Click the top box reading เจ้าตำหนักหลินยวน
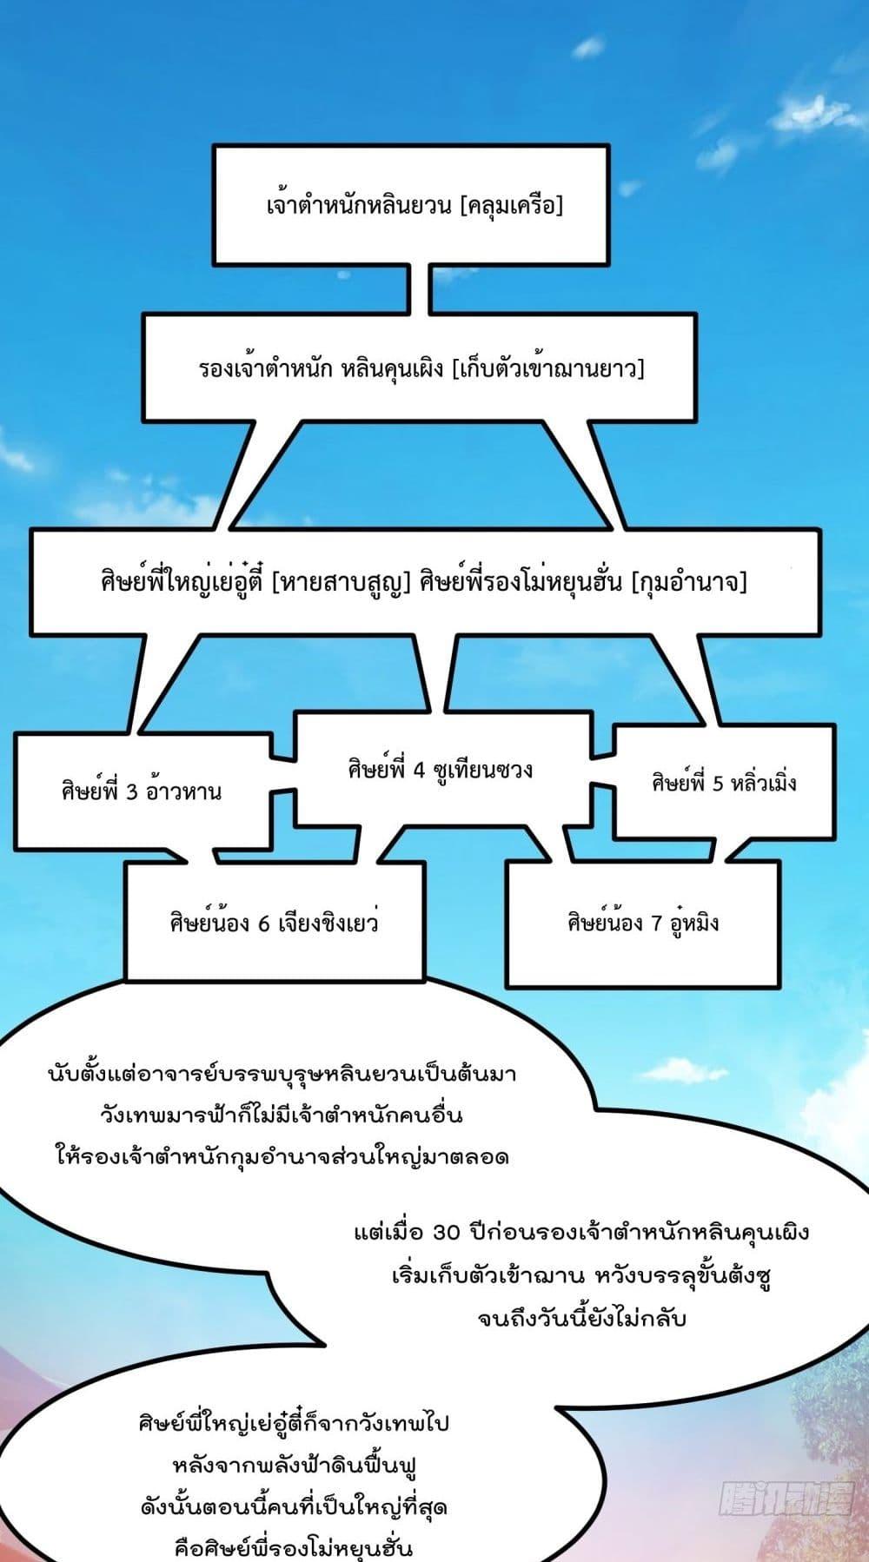point(411,205)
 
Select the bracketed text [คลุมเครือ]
point(514,207)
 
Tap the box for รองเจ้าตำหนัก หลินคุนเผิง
point(420,368)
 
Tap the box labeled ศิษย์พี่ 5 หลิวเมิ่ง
point(724,783)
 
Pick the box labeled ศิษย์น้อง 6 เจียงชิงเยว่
point(274,922)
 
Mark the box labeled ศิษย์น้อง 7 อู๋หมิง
point(642,923)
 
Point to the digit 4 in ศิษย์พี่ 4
point(419,771)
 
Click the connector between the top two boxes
point(419,289)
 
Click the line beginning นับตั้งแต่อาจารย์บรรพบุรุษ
point(282,1073)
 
